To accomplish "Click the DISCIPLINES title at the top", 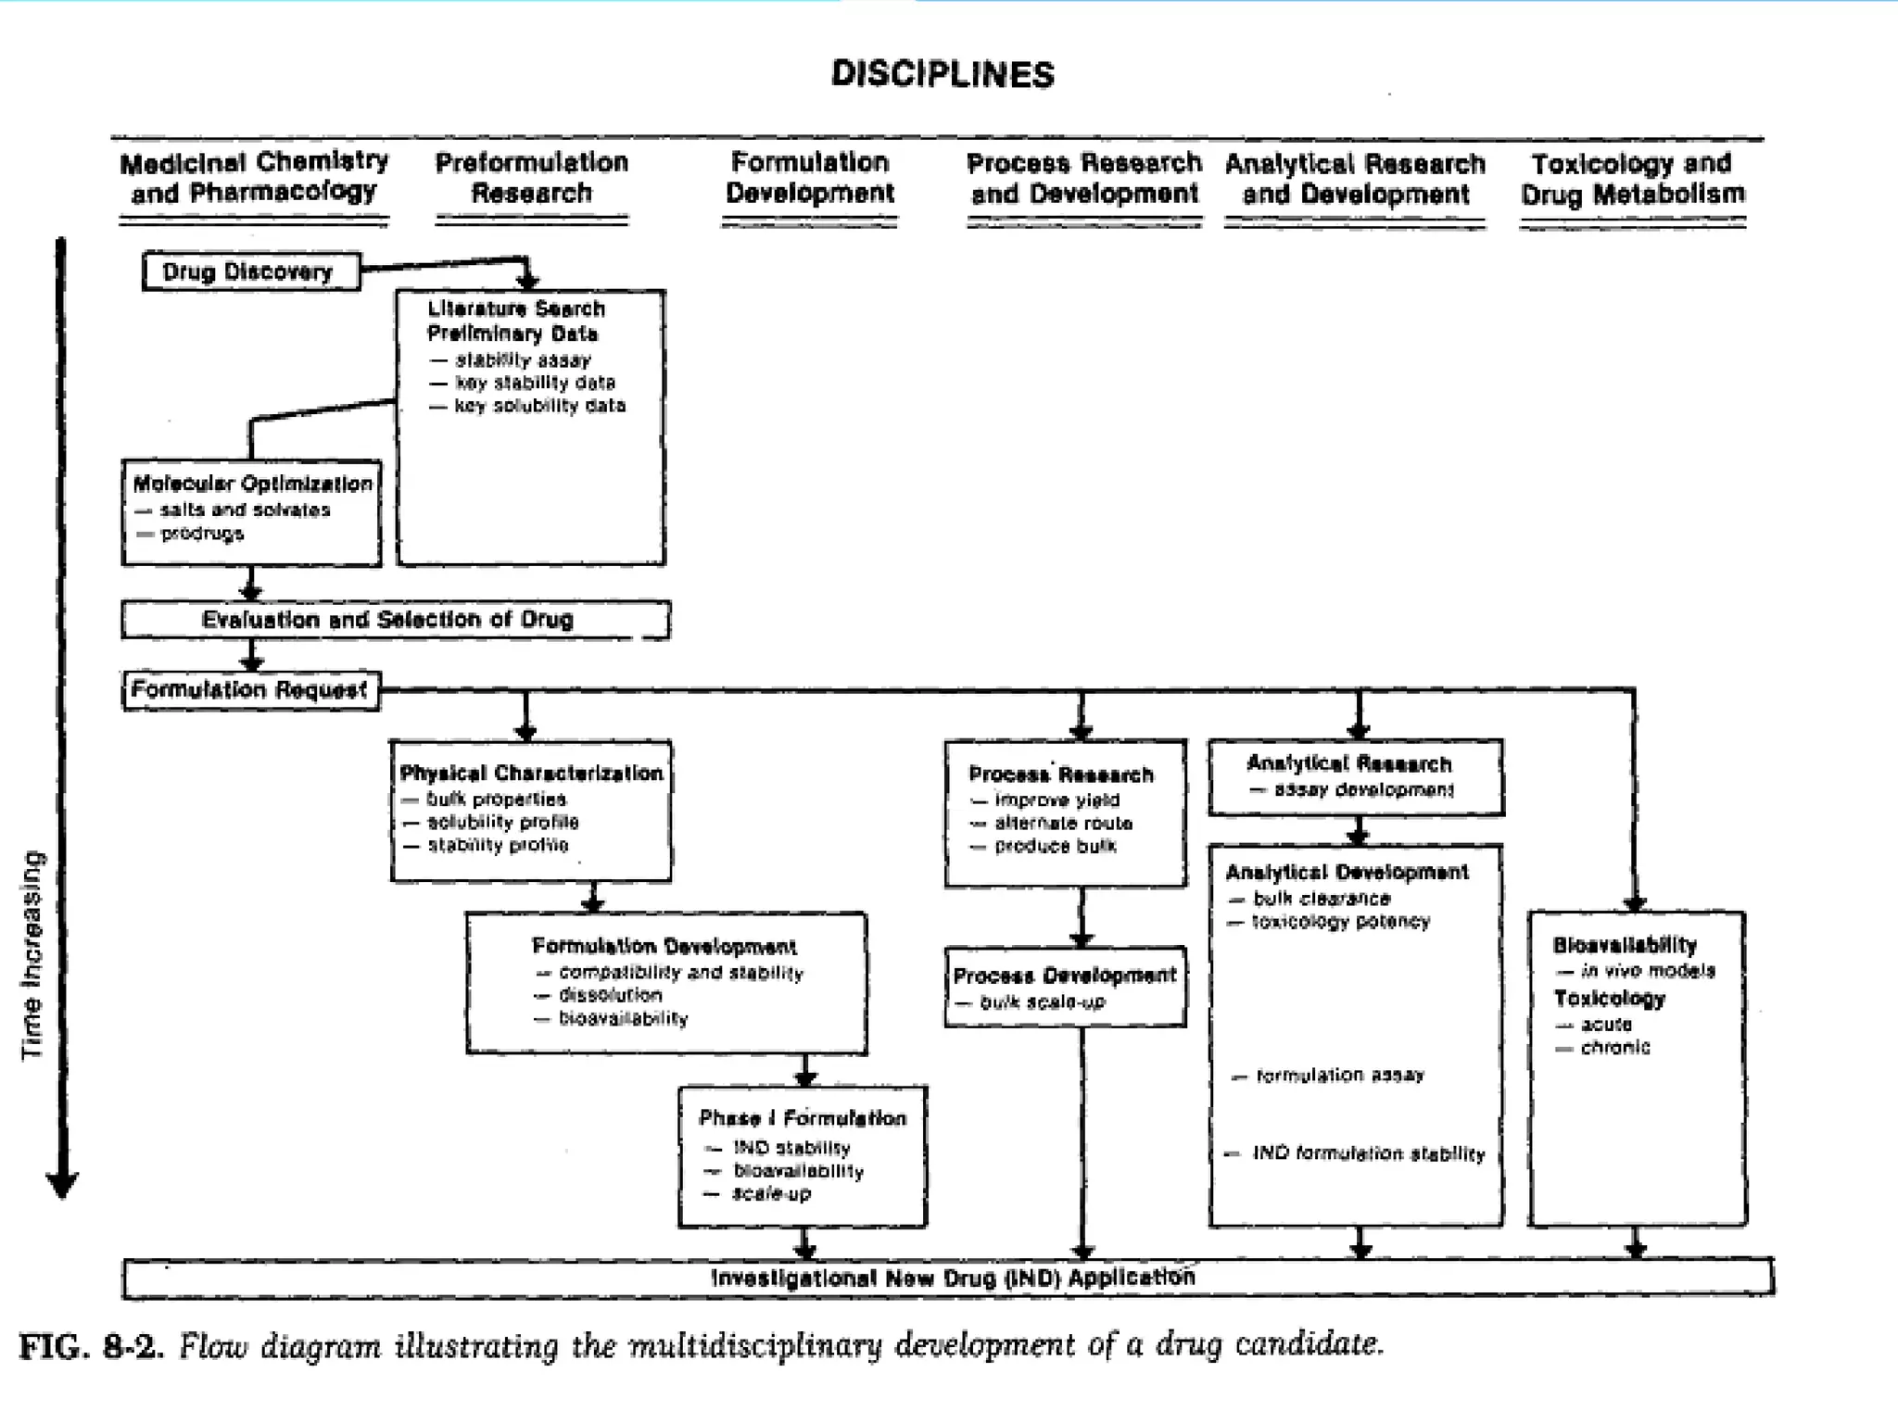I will pyautogui.click(x=943, y=74).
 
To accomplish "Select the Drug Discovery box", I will pyautogui.click(x=248, y=272).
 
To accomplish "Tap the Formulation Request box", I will pyautogui.click(x=249, y=690).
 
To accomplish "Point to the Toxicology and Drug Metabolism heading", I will pyautogui.click(x=1632, y=179).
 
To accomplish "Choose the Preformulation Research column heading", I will pyautogui.click(x=532, y=178).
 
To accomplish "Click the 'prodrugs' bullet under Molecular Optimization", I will pyautogui.click(x=201, y=534).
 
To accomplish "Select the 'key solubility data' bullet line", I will pyautogui.click(x=539, y=406).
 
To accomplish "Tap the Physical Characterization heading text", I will pyautogui.click(x=531, y=774).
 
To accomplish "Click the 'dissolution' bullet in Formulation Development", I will pyautogui.click(x=610, y=995).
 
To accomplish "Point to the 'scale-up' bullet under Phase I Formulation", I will pyautogui.click(x=771, y=1193).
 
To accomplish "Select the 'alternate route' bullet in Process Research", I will pyautogui.click(x=1063, y=823).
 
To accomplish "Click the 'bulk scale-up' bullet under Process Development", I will pyautogui.click(x=1042, y=1001).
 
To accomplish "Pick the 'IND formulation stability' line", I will pyautogui.click(x=1368, y=1153).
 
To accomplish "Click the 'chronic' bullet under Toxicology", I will pyautogui.click(x=1614, y=1047).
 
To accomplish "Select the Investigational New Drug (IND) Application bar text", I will pyautogui.click(x=952, y=1278).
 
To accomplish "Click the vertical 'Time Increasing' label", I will pyautogui.click(x=32, y=954).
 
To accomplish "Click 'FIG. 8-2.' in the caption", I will pyautogui.click(x=91, y=1346).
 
